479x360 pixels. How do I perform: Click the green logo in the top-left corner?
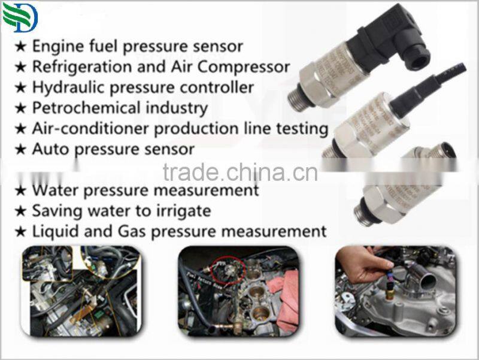pyautogui.click(x=20, y=17)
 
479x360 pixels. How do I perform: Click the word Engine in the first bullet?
pyautogui.click(x=53, y=46)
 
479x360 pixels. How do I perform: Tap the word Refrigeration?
pyautogui.click(x=75, y=66)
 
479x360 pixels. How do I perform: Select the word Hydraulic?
pyautogui.click(x=60, y=87)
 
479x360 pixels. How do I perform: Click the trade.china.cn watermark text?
pyautogui.click(x=239, y=173)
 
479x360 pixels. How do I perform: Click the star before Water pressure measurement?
pyautogui.click(x=20, y=191)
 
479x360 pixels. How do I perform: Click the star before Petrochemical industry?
pyautogui.click(x=20, y=108)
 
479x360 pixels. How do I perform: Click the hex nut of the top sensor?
pyautogui.click(x=311, y=84)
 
